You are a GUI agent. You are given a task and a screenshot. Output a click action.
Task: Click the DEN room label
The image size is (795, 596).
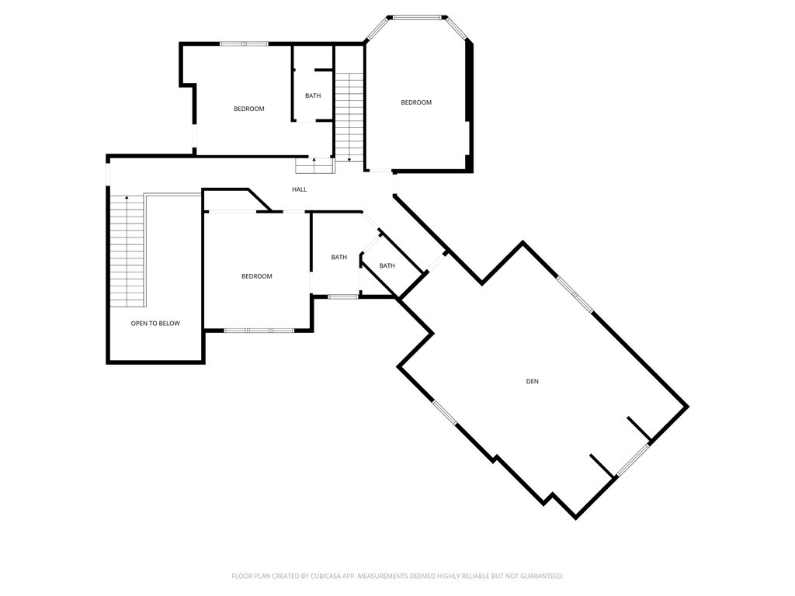click(532, 381)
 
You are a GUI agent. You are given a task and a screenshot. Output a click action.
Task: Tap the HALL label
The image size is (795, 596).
click(299, 189)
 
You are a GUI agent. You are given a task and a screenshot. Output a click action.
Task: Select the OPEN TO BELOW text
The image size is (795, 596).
click(155, 323)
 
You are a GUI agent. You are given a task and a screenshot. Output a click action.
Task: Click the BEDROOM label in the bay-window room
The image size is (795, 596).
click(415, 102)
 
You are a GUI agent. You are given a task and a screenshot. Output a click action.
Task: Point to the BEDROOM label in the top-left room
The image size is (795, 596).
click(248, 109)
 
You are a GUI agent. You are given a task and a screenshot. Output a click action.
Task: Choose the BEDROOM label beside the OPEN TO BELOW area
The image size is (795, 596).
click(256, 276)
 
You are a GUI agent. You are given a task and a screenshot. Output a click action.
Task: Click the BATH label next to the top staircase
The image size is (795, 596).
click(312, 95)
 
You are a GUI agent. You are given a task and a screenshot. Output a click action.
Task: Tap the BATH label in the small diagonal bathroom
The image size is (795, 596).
click(387, 266)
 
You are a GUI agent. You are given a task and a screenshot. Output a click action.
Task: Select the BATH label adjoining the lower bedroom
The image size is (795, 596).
click(338, 257)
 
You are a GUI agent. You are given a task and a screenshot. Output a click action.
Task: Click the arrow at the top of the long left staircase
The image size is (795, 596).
click(127, 199)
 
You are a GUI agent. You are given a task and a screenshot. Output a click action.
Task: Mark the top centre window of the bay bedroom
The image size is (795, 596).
click(419, 16)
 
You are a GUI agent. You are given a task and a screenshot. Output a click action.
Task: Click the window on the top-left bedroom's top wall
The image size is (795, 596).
click(244, 43)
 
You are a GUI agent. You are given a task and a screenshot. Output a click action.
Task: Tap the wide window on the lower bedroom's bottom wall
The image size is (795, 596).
click(259, 331)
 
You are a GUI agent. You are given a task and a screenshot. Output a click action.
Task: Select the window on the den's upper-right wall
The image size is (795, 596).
click(575, 294)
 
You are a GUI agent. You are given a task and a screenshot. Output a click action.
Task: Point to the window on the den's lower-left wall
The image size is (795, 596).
click(445, 413)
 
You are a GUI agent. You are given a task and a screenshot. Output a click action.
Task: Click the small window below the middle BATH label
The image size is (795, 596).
click(342, 296)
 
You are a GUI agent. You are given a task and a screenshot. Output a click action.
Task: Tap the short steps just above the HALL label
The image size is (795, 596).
click(314, 165)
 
